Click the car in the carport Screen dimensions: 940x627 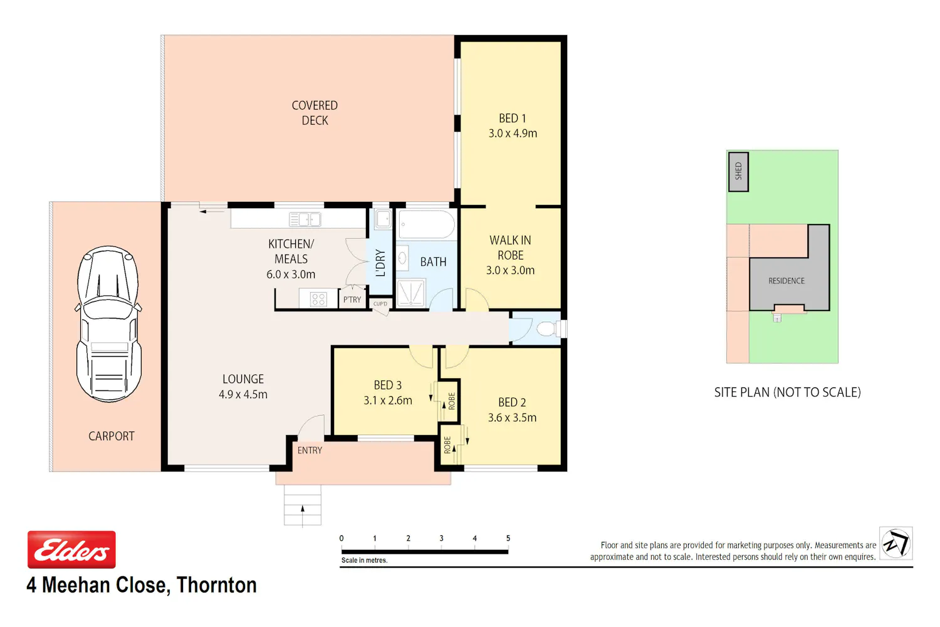tap(108, 324)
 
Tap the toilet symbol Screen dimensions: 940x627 tap(550, 329)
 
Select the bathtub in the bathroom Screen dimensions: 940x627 tap(426, 224)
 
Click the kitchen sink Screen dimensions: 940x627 tap(305, 219)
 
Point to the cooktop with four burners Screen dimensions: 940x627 tap(318, 299)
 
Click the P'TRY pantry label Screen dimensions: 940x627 tap(352, 300)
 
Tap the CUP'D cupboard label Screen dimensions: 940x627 tap(380, 303)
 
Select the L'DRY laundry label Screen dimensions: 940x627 tap(380, 263)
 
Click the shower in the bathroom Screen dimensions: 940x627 tap(411, 292)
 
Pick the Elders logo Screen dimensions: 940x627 tap(72, 549)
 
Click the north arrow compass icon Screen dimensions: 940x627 tap(896, 544)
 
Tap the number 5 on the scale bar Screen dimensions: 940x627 tap(508, 539)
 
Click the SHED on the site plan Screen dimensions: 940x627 tap(738, 172)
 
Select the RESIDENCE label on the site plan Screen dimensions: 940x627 tap(786, 281)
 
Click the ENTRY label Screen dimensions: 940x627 tap(310, 451)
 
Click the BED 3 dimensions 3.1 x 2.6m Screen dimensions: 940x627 tap(388, 401)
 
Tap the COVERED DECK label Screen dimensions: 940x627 tap(315, 113)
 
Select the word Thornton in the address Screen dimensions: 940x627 tap(217, 585)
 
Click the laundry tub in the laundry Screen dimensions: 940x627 tap(383, 219)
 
